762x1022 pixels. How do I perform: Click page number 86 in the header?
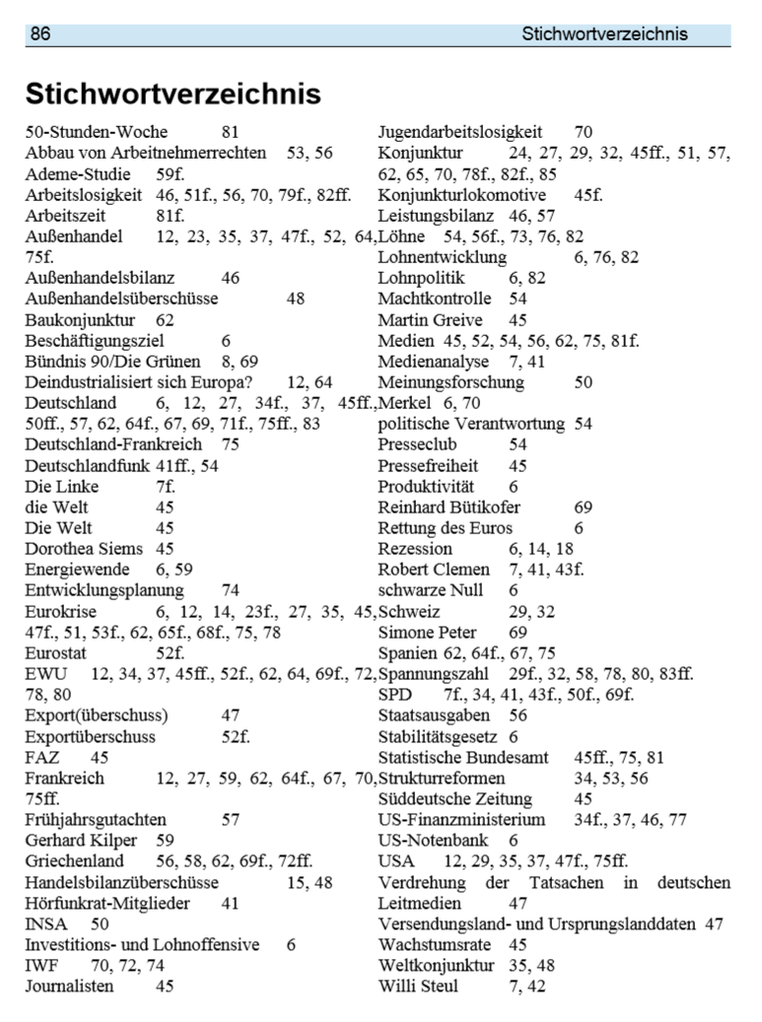tap(40, 34)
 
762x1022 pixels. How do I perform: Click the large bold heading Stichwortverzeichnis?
tap(173, 94)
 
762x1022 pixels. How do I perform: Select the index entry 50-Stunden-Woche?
tap(96, 132)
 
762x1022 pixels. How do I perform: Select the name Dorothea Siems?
tap(84, 548)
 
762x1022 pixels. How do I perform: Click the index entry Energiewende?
tap(79, 570)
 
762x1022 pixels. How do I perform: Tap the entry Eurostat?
tap(57, 652)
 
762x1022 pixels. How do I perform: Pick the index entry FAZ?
tap(42, 757)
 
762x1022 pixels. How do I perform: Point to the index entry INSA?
tap(44, 923)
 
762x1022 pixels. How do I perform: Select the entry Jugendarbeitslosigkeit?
tap(459, 132)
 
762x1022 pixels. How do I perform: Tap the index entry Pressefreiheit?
tap(428, 465)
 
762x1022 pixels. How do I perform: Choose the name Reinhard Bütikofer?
tap(449, 507)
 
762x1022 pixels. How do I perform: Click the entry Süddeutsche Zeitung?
tap(454, 798)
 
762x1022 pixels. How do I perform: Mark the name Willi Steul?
tap(418, 986)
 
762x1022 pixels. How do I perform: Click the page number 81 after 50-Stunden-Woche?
tap(231, 132)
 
